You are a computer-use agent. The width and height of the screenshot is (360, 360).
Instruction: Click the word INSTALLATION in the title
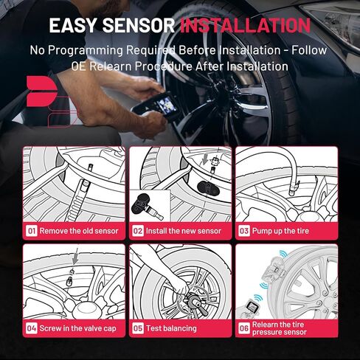point(246,25)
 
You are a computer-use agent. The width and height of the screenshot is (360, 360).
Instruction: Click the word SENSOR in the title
point(139,25)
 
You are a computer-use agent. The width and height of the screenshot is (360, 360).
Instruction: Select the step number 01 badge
point(32,230)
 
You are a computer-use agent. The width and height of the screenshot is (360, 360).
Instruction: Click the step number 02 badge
point(138,230)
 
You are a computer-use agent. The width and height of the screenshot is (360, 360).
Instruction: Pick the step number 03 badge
point(244,230)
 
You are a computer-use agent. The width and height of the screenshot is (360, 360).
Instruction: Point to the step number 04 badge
point(32,327)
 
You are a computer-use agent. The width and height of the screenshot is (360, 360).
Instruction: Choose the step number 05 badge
point(138,327)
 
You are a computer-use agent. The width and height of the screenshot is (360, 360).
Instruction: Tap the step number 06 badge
point(244,327)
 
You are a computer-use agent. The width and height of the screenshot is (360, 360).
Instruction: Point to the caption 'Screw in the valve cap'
point(77,327)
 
